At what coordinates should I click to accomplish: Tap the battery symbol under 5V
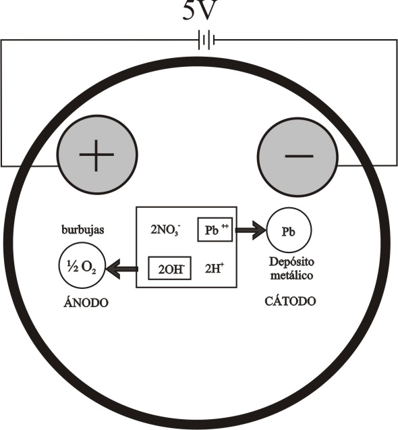pos(206,41)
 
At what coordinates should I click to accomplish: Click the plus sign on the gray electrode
pos(96,155)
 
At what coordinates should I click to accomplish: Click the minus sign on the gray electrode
pos(299,157)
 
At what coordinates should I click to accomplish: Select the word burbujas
pos(83,230)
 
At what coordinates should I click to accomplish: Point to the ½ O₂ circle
pos(82,265)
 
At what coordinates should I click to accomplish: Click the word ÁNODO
pos(86,302)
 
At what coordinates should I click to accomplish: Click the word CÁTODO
pos(290,301)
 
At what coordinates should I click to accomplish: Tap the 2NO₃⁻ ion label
pos(165,230)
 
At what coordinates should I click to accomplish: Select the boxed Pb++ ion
pos(215,230)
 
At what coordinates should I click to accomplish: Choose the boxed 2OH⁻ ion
pos(170,268)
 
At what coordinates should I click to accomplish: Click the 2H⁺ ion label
pos(214,269)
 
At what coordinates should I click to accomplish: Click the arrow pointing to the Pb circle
pos(251,230)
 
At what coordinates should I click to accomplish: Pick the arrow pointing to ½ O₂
pos(121,269)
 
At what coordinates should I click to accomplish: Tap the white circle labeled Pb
pos(289,230)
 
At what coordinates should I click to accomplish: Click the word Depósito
pos(291,263)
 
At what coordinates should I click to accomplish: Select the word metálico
pos(291,275)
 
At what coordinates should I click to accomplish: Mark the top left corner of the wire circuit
pos(1,41)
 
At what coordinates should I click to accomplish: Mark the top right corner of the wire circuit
pos(397,41)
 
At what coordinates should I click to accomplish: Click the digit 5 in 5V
pos(189,10)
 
